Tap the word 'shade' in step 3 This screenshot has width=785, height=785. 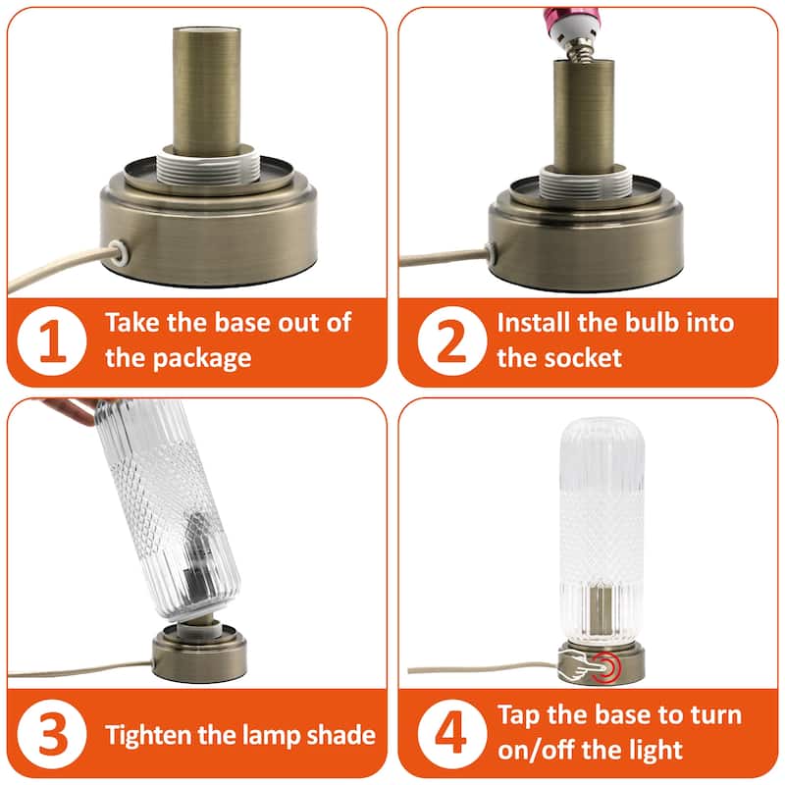pyautogui.click(x=335, y=734)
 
